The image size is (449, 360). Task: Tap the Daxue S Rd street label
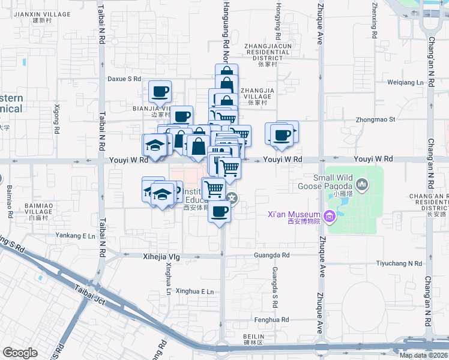(124, 79)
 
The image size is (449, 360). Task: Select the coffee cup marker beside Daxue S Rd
(160, 92)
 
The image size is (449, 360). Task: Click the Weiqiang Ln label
(405, 82)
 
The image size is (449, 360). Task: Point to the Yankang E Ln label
(75, 236)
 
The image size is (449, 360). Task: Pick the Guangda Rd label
(272, 255)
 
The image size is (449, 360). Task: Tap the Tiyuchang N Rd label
(399, 263)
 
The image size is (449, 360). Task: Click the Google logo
(20, 353)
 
